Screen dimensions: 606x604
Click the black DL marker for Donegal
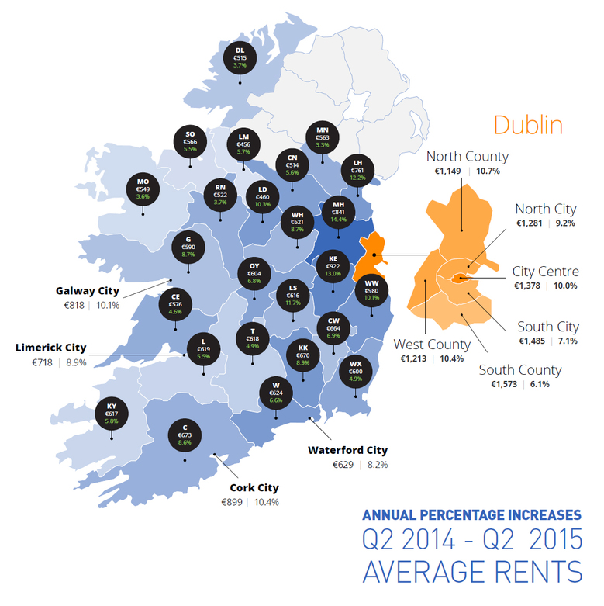tap(240, 57)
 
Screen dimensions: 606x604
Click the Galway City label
tap(87, 291)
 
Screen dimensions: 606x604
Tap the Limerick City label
tap(51, 348)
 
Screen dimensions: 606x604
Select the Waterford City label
tap(347, 450)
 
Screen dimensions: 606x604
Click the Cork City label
tap(254, 488)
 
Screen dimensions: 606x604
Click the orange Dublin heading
tap(527, 124)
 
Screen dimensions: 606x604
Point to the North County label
tap(468, 156)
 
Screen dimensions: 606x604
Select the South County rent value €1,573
tap(504, 384)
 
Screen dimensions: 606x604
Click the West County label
tap(432, 344)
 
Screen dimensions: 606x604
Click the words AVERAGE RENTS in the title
tap(472, 571)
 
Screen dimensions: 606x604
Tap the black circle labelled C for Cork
tap(185, 433)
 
